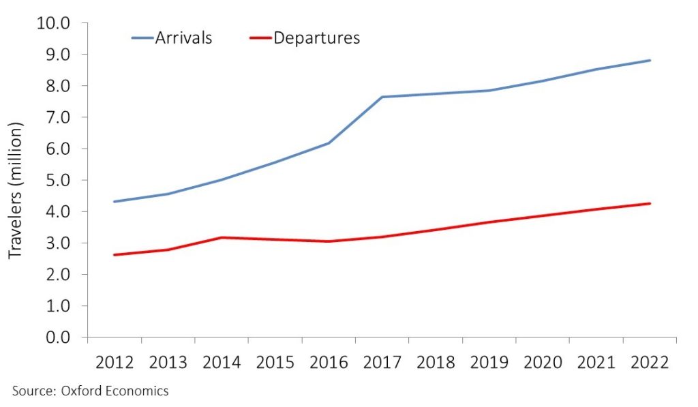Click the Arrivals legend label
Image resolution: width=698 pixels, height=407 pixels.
(x=184, y=37)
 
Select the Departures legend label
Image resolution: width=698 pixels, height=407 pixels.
(x=316, y=37)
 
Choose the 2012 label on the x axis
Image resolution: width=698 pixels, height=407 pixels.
(x=115, y=361)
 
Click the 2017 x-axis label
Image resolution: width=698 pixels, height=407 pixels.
(x=382, y=361)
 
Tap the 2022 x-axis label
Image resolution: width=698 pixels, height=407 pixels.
(x=650, y=361)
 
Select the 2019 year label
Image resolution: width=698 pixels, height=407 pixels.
(x=489, y=361)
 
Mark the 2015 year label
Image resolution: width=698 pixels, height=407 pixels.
(x=275, y=361)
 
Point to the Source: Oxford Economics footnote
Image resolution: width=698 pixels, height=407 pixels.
(x=90, y=391)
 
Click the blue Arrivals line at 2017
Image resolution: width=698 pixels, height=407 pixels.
(x=382, y=97)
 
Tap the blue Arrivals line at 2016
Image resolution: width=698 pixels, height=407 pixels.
(x=329, y=143)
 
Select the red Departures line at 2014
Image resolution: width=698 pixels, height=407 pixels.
(x=222, y=237)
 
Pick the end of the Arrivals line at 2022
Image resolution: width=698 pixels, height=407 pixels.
(x=650, y=61)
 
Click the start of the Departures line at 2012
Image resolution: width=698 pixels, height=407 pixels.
(x=115, y=255)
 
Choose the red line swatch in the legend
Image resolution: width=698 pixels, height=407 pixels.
(x=261, y=38)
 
